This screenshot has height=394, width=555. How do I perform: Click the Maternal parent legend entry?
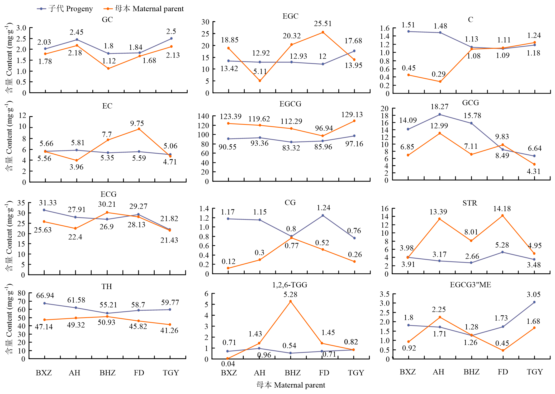[144, 9]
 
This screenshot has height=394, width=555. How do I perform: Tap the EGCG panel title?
[290, 104]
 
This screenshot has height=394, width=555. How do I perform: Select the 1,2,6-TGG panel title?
[290, 285]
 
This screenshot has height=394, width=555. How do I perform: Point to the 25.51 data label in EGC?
[322, 24]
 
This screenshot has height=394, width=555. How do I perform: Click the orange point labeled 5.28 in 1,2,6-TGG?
[291, 301]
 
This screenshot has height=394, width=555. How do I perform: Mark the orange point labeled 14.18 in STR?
[502, 216]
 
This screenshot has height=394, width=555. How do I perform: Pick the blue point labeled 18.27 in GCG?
[440, 115]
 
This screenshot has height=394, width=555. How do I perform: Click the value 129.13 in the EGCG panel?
[352, 115]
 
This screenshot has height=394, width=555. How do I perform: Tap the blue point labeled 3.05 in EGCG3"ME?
[534, 302]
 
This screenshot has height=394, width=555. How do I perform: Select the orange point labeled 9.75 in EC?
[139, 129]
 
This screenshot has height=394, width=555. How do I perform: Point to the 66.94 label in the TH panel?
[45, 296]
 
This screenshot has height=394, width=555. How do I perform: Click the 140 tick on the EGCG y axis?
[203, 116]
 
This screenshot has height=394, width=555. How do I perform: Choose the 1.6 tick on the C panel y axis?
[385, 28]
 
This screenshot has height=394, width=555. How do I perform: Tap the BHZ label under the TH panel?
[107, 373]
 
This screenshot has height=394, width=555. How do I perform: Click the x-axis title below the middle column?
[291, 385]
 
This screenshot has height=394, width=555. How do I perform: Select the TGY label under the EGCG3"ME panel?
[535, 372]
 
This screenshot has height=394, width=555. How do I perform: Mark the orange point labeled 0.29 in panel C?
[440, 82]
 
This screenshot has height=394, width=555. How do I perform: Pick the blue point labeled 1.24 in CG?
[323, 216]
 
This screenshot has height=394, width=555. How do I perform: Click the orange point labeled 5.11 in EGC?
[260, 81]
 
